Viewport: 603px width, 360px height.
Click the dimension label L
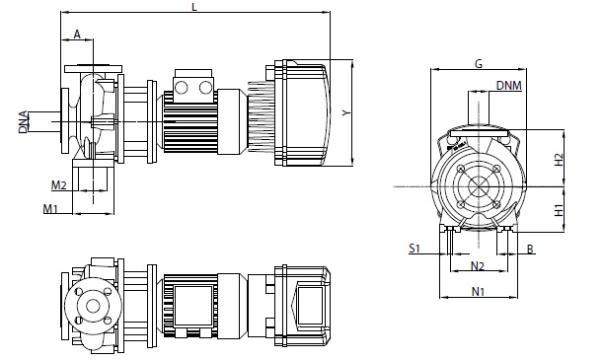(194, 7)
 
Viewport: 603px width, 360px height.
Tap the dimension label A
(77, 35)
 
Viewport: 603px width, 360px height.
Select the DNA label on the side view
(23, 121)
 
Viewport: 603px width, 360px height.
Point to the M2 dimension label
(59, 185)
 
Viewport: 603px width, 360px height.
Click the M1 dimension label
(50, 209)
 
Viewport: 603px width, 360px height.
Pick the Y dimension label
(346, 112)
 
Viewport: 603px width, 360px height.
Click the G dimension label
(479, 63)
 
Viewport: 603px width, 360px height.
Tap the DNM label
(509, 85)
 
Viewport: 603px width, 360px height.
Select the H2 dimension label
(559, 160)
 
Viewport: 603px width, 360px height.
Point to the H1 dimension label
(559, 210)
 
